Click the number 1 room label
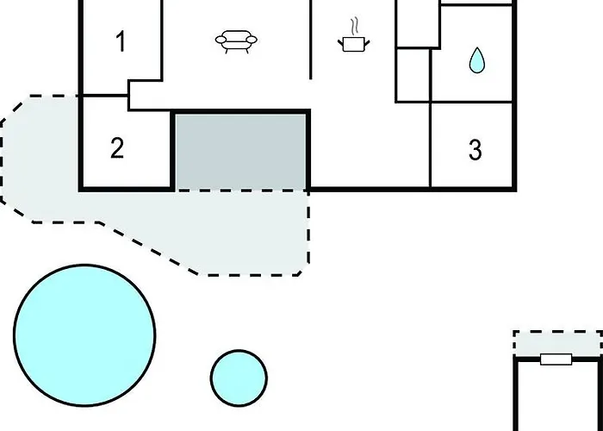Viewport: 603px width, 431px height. tap(121, 41)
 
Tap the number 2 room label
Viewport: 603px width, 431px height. tap(117, 147)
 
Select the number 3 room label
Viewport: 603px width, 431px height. tap(476, 150)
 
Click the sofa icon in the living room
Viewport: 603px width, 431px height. tap(236, 41)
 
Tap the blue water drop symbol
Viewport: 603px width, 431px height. tap(477, 60)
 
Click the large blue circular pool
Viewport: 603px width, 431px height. tap(84, 335)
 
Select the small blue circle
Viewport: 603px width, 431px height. tap(239, 378)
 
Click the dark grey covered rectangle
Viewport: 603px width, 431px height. tap(241, 151)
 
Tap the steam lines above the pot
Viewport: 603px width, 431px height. tap(356, 26)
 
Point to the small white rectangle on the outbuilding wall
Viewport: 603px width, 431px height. tap(556, 359)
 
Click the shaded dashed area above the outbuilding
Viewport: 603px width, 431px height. tap(557, 344)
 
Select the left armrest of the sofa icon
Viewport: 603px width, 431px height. tap(221, 40)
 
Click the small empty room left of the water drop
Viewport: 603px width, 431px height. tap(413, 75)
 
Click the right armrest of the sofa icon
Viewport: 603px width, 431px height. tap(252, 40)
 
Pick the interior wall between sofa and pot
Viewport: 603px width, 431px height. tap(310, 40)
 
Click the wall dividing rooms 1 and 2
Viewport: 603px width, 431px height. tap(105, 95)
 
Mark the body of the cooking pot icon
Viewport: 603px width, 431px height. tap(353, 44)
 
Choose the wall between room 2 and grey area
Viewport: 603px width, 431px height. tap(173, 151)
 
